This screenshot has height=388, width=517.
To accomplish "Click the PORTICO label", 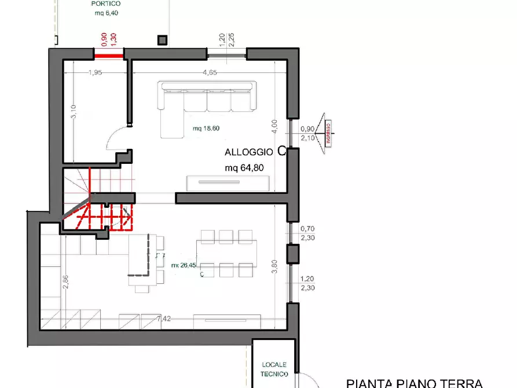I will click(x=106, y=3).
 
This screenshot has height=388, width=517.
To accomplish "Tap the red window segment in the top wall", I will click(x=109, y=56).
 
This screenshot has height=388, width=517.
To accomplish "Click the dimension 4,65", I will click(x=210, y=72).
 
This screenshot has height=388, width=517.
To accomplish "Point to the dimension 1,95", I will click(x=96, y=72).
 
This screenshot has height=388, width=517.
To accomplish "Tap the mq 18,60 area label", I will click(x=205, y=129).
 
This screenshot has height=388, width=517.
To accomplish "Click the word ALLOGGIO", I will click(x=249, y=152).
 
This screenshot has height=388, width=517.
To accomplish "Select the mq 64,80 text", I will click(x=248, y=169).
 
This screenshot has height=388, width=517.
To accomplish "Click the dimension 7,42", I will click(x=164, y=318).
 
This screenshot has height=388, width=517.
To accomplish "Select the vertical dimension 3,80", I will click(x=274, y=267).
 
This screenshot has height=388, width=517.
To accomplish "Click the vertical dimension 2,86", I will click(x=65, y=281).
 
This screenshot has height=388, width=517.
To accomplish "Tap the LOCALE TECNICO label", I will click(x=275, y=369).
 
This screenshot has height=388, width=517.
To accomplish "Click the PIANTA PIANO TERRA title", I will click(x=414, y=383).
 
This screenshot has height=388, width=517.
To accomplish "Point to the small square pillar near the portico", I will click(x=162, y=39).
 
